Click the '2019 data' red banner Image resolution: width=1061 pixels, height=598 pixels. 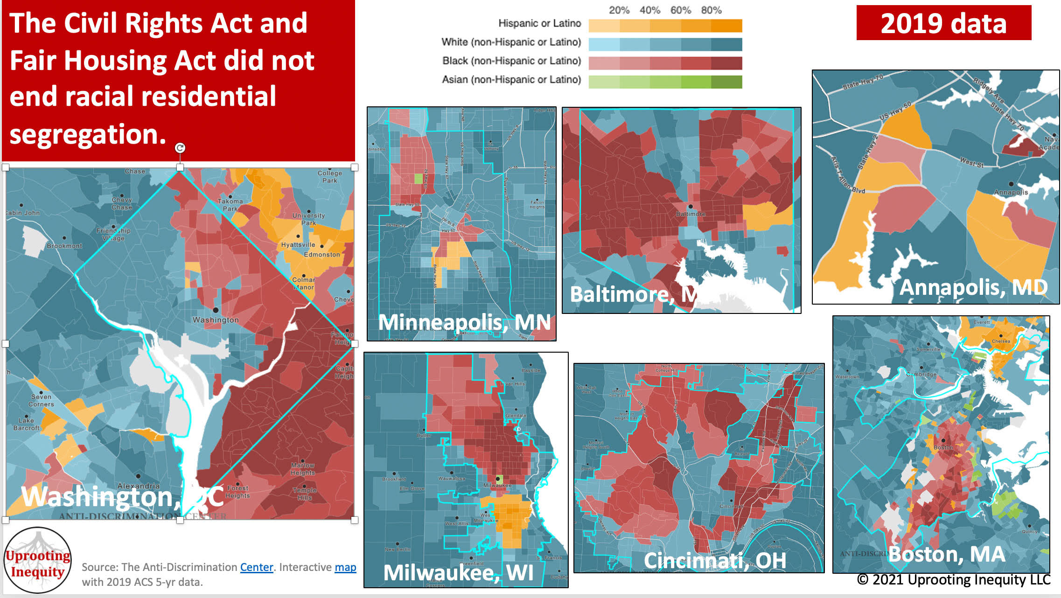point(943,23)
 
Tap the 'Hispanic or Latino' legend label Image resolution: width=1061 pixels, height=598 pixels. point(539,23)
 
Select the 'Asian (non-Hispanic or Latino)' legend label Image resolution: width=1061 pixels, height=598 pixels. point(511,80)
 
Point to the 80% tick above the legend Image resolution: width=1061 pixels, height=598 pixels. point(711,10)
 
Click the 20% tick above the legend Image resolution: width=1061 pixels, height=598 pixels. point(619,10)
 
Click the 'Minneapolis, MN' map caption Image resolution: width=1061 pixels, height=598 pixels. point(464,322)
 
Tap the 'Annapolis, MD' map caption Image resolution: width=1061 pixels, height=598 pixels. point(973,287)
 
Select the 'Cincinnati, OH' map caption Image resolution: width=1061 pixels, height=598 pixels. point(715,560)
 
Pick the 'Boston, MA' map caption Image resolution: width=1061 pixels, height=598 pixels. point(947,554)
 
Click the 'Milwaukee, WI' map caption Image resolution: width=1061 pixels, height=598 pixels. point(458,572)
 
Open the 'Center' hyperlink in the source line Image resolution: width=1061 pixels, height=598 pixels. point(256,567)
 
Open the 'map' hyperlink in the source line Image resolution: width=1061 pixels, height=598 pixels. point(345,567)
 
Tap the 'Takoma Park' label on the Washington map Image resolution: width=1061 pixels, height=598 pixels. point(230,205)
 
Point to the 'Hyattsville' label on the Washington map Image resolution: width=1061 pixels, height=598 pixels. point(298,245)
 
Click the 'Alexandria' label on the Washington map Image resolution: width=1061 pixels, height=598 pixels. point(138,486)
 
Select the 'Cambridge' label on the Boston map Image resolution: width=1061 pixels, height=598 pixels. point(921,375)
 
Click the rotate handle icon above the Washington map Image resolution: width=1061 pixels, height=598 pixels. point(180,148)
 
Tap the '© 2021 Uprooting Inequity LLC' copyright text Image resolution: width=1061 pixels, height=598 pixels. point(953,580)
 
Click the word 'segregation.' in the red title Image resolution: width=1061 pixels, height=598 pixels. point(88,134)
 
